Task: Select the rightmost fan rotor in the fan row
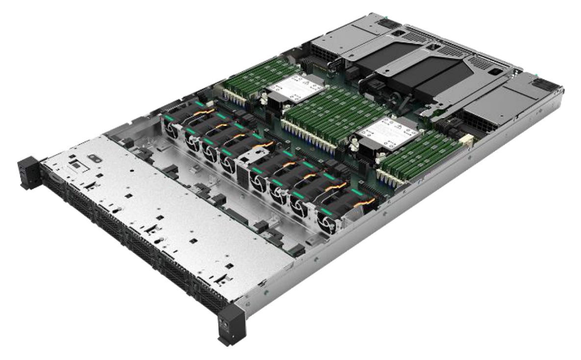coord(327,221)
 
